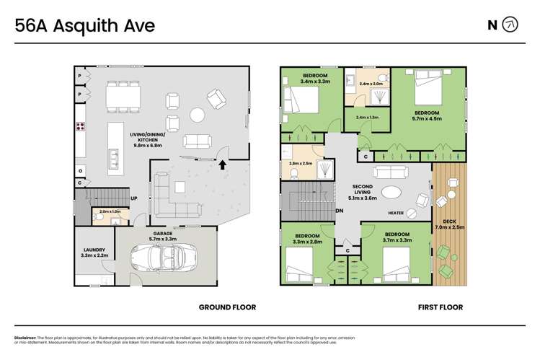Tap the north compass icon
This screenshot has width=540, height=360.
510,25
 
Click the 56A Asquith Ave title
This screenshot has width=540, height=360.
85,26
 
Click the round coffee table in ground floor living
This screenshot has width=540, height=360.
197,114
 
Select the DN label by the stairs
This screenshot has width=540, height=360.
340,211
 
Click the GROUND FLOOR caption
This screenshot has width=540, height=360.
227,307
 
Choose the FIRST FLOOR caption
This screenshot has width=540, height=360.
441,307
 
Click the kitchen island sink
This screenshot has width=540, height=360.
113,156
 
